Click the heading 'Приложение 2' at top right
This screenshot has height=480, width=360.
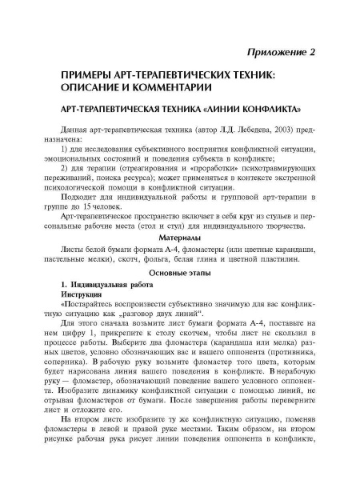pyautogui.click(x=275, y=52)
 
